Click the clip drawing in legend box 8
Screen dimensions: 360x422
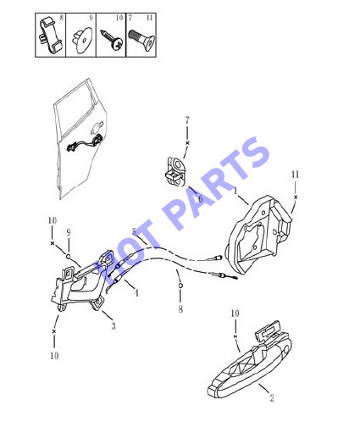[50, 36]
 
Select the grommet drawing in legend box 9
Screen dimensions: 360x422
[82, 40]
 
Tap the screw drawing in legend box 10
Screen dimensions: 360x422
[112, 40]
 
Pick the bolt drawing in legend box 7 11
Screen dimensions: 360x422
[141, 40]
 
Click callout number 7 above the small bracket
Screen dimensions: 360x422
[187, 120]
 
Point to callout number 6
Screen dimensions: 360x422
[200, 198]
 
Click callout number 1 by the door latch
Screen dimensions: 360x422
[235, 192]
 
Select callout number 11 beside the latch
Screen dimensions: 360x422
[295, 175]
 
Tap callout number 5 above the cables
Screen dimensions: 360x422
[134, 232]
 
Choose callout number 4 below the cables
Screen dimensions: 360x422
[136, 293]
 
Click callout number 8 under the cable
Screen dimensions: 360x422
[180, 309]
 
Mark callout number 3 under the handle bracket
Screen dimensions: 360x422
[114, 326]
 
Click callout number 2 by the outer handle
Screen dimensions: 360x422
[272, 398]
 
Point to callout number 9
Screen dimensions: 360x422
[69, 233]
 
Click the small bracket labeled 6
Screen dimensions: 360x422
[175, 171]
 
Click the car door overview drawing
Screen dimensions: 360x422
[78, 139]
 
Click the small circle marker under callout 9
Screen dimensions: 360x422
[68, 256]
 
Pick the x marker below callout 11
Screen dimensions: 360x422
[296, 197]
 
